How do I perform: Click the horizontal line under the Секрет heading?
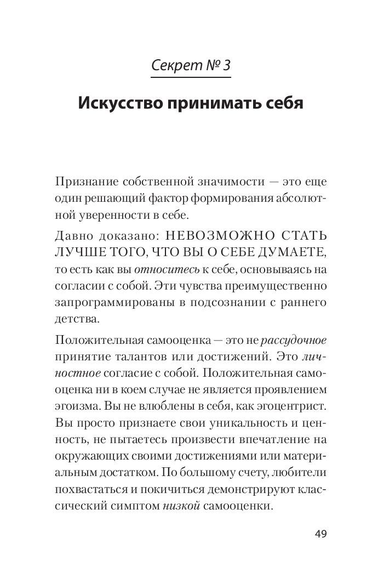[191, 77]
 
